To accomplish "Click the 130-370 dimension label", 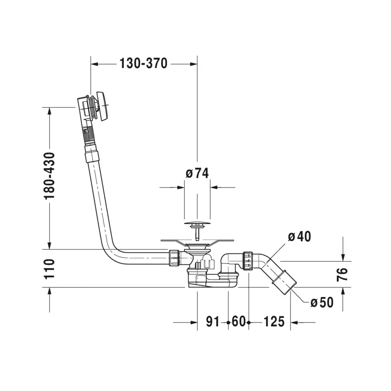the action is tap(144, 63).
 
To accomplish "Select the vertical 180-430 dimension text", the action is tap(49, 176).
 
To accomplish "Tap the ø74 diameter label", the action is tap(197, 173).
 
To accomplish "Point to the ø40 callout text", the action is tap(299, 236).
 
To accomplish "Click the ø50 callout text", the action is tap(322, 302).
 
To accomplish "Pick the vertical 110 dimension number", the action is tap(49, 269).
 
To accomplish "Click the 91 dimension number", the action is tap(213, 322).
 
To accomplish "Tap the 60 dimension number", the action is tap(239, 322).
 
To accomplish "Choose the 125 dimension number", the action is tap(274, 322).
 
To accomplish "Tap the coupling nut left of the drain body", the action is tap(174, 258).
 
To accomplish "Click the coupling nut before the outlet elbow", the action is tap(248, 261).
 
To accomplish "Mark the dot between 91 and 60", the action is tap(228, 322).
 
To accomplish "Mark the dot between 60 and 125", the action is tap(249, 322).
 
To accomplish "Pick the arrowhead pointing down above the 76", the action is tap(343, 257).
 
